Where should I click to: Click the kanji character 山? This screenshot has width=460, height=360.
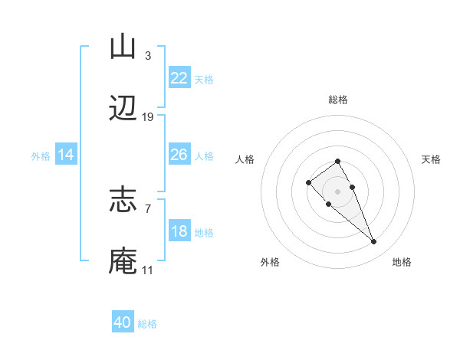click(x=123, y=47)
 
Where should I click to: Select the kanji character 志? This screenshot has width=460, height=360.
click(x=123, y=200)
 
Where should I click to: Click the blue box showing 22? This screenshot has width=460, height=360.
click(x=179, y=78)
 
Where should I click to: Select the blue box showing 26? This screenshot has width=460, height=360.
click(x=179, y=155)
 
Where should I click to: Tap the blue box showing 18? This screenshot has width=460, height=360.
click(x=179, y=231)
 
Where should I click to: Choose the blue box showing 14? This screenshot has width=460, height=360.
click(x=66, y=155)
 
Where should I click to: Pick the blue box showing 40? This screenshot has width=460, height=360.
click(x=123, y=322)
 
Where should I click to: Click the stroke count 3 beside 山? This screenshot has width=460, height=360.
click(x=147, y=55)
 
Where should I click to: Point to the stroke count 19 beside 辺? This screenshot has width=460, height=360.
click(x=148, y=117)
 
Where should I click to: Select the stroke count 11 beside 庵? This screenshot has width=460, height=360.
click(x=147, y=270)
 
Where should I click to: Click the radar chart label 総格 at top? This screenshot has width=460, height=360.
click(x=338, y=100)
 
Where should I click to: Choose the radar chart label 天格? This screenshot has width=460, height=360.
click(x=431, y=159)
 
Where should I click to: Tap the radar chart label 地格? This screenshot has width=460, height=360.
click(x=402, y=262)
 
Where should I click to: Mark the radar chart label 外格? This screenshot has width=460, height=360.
click(x=270, y=262)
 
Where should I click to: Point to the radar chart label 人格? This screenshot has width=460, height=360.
click(x=245, y=159)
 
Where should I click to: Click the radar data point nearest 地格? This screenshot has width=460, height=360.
click(x=373, y=242)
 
